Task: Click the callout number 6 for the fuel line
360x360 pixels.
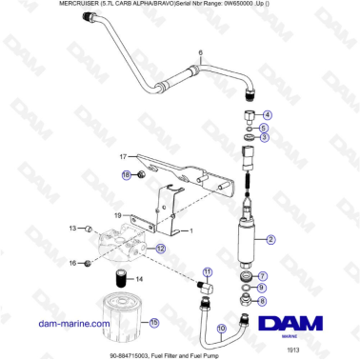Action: (200, 51)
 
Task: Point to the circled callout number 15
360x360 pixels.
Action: (152, 323)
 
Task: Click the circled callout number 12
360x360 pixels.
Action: (160, 248)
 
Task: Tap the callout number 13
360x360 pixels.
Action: (71, 229)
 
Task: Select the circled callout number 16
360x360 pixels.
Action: (72, 262)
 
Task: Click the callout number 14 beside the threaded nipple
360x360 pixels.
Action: (140, 279)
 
